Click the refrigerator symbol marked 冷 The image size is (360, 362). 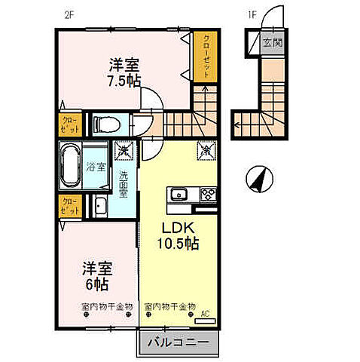point(203,151)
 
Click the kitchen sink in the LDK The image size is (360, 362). point(181,195)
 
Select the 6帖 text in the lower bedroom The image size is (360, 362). point(97,285)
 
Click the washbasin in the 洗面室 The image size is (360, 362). point(100,204)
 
